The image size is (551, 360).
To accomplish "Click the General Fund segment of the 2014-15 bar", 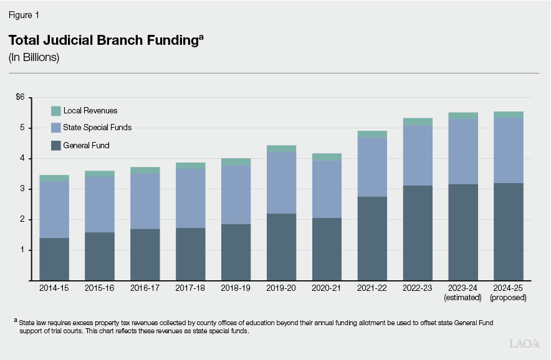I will point(54,259).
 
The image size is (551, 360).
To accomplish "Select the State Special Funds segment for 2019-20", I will point(281,183).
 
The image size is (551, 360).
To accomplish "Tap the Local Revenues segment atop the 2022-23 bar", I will point(418,121).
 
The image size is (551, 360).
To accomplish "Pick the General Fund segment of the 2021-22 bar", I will point(372,239).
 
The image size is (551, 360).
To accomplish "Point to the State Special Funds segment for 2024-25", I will point(509,150).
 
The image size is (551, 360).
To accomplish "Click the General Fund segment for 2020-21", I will point(327,249).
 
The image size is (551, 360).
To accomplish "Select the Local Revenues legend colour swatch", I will point(55,111).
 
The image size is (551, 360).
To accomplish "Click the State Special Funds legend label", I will point(97,128).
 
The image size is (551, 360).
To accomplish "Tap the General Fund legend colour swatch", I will point(55,145).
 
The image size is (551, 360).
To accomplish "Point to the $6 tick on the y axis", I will point(20,97).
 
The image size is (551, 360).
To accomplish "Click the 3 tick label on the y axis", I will point(22,189).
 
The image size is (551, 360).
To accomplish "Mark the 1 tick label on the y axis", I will point(22,250).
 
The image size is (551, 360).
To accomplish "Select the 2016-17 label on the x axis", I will point(145,289).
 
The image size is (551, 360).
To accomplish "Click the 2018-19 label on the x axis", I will point(236,289).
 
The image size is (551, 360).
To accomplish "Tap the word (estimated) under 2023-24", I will point(463,298).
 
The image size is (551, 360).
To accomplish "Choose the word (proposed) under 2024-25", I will point(509,298).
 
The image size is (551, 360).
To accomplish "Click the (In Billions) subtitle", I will point(34,57).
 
